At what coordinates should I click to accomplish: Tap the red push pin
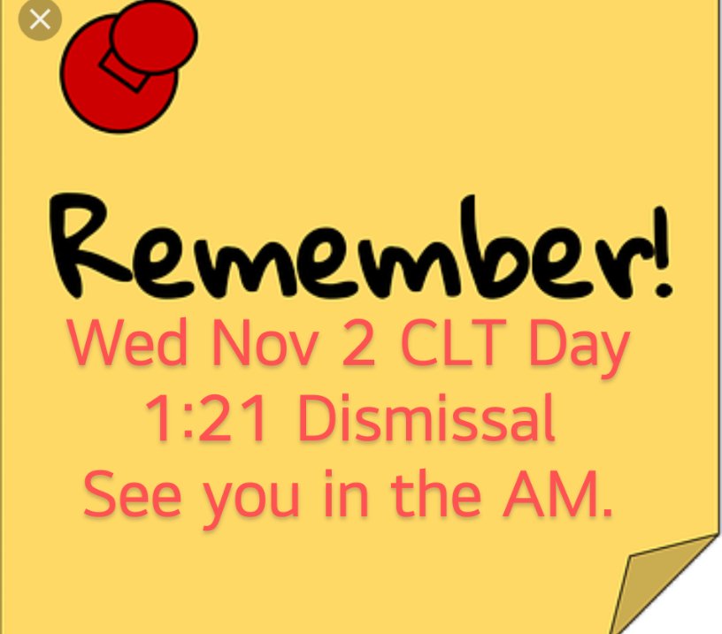(124, 66)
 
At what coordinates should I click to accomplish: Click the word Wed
(128, 346)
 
